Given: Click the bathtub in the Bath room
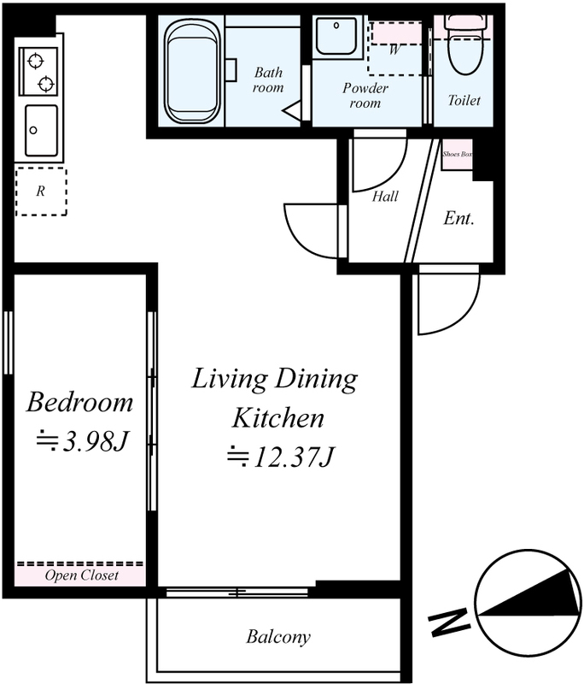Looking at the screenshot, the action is coord(191,71).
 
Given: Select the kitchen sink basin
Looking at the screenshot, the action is coord(41,131).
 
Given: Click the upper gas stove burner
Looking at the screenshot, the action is coord(35,61).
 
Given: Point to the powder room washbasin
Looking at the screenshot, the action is coord(336,35).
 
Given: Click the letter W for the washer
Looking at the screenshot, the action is coord(394,50).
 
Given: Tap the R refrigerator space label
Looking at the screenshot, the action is coord(40,191).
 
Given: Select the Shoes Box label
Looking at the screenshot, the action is coord(458,154).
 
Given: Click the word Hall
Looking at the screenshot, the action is coord(385,197).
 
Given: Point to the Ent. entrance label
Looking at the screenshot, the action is coord(458,218).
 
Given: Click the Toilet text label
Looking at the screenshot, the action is coord(464,100).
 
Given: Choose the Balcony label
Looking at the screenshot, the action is coord(278,637).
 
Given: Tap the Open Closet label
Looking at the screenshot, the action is coord(81,575).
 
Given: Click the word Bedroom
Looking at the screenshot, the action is coord(79,402).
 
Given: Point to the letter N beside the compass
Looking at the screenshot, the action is coord(449,622).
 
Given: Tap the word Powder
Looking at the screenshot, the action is coord(365,89).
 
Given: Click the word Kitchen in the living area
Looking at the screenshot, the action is coord(277,418).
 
